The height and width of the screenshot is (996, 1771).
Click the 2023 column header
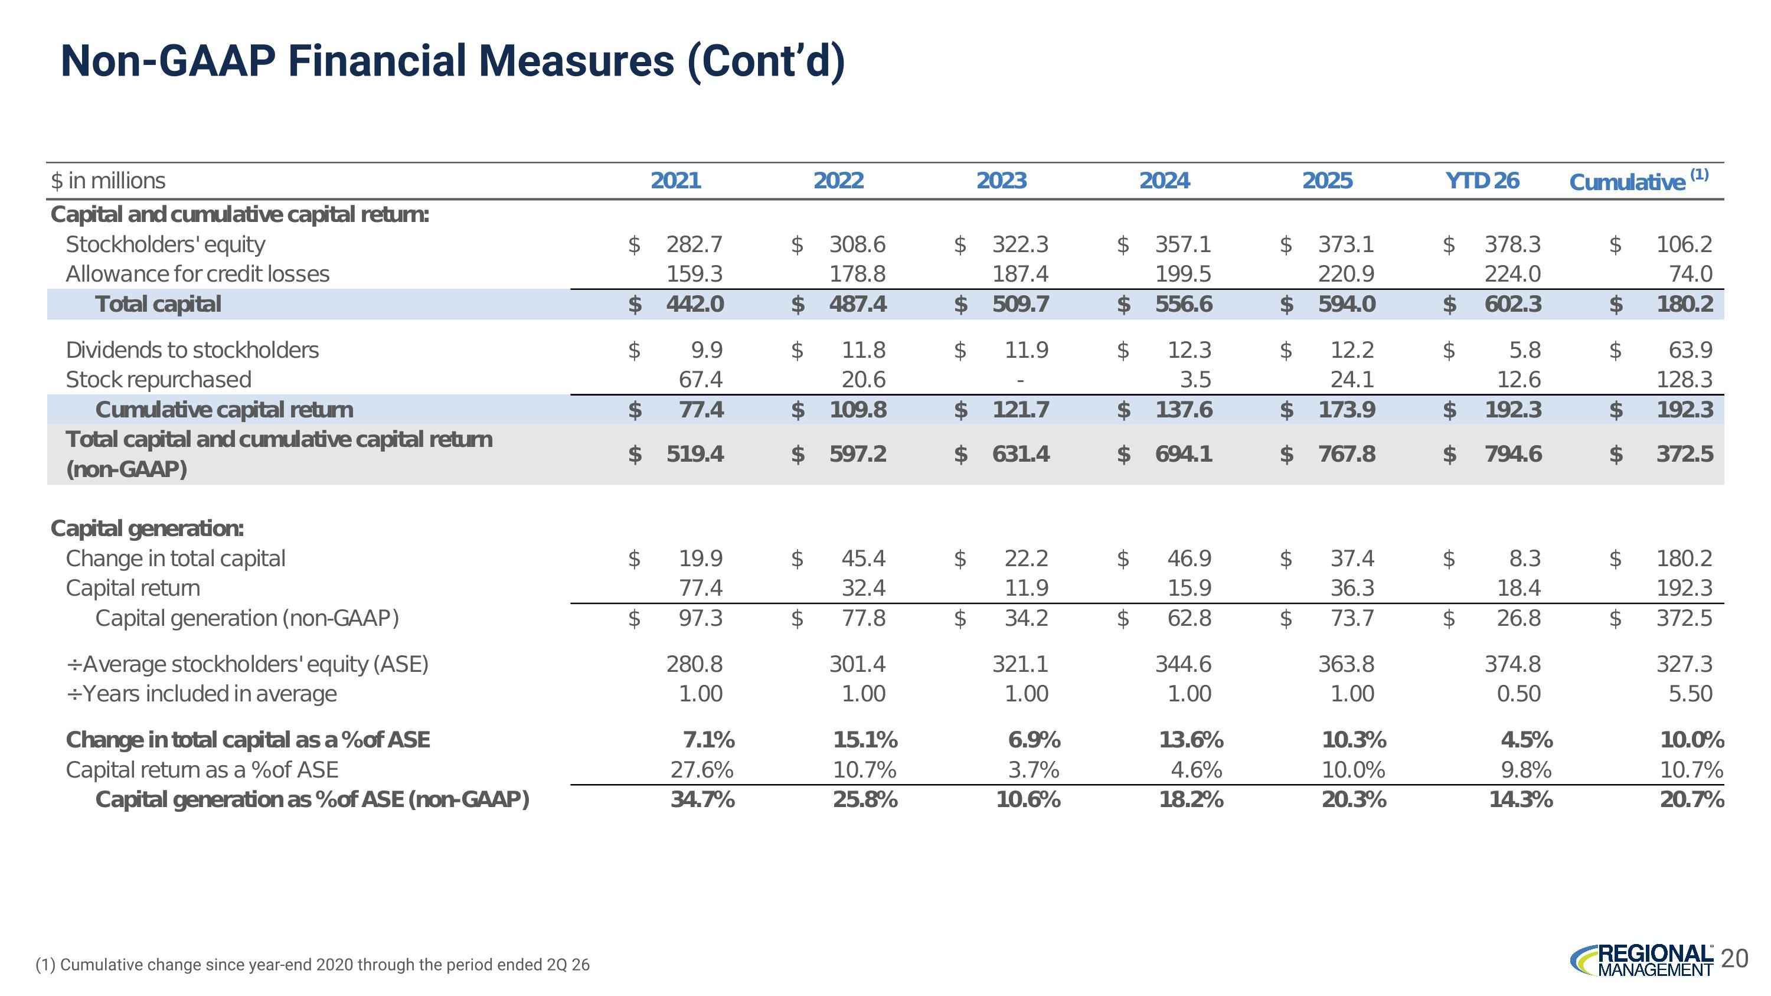coord(1001,181)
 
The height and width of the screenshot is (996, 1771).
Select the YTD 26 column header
coord(1482,181)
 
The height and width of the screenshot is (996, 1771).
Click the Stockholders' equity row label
coord(165,244)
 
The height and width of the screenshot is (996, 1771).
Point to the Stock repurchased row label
coord(158,380)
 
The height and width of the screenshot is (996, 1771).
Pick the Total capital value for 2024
coord(1184,304)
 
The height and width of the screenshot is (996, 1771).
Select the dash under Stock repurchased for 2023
coord(1020,380)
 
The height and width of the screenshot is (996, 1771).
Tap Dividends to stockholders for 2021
coord(707,350)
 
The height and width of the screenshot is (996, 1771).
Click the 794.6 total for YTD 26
coord(1513,453)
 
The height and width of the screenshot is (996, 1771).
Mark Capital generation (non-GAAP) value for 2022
coord(864,618)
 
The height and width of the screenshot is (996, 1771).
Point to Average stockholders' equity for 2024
coord(1183,664)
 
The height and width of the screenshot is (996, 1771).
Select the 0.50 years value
coord(1519,694)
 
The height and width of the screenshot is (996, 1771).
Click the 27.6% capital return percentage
coord(702,770)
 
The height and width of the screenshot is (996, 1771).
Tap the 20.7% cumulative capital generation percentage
coord(1692,799)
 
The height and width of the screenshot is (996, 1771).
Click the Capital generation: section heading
coord(147,528)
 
